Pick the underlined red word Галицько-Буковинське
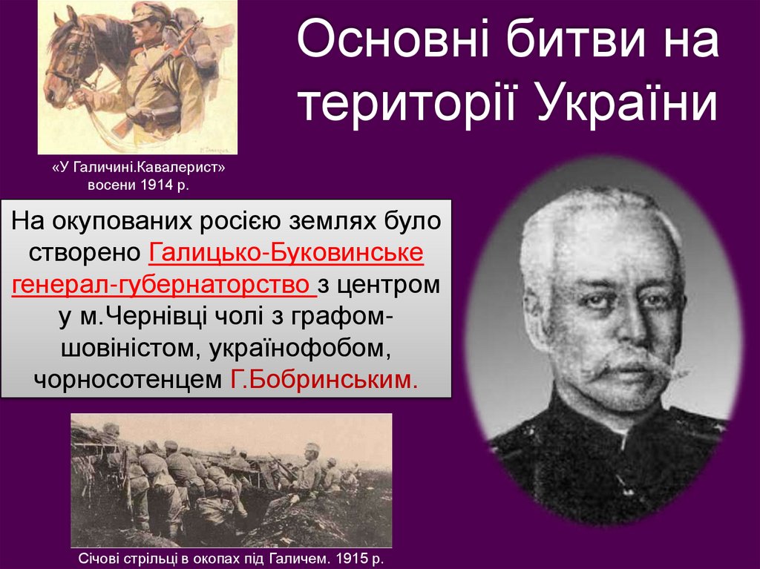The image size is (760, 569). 286,252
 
